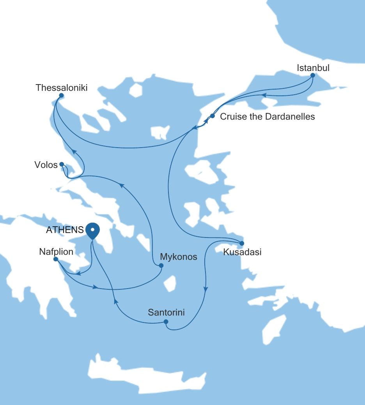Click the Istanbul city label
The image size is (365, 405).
tap(313, 68)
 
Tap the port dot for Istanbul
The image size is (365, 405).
tap(312, 75)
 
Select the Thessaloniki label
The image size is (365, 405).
tap(61, 88)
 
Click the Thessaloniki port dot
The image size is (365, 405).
tap(61, 95)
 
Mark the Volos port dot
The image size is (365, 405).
tap(62, 164)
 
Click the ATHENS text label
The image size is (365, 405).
tap(65, 230)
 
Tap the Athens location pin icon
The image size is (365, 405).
tap(92, 230)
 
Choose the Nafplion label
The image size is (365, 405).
tap(56, 252)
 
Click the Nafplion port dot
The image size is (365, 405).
tap(56, 259)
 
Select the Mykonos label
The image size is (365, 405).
tap(179, 257)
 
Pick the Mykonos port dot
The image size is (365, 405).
tap(161, 266)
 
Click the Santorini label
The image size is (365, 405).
tap(166, 312)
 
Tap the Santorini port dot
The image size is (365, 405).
tap(166, 322)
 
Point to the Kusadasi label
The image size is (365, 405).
tap(242, 252)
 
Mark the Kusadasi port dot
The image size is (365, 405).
tap(241, 244)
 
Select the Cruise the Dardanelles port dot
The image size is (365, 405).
tap(213, 116)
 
